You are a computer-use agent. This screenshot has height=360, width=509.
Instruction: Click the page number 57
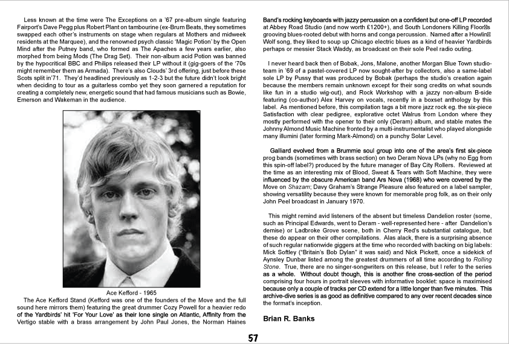coord(254,338)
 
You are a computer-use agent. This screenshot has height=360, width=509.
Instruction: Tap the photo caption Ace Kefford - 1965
coord(131,293)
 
